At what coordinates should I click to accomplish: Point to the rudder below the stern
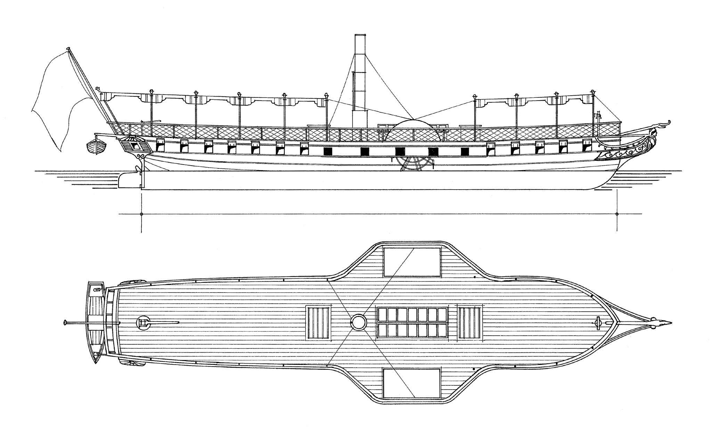point(127,179)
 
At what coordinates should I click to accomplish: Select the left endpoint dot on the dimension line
point(141,214)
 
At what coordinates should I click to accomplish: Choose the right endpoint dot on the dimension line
point(617,214)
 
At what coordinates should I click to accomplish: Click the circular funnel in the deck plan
point(359,322)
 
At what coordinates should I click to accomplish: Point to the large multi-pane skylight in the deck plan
point(412,322)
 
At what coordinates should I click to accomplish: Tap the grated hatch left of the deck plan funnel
point(318,322)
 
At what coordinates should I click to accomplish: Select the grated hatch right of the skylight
point(470,322)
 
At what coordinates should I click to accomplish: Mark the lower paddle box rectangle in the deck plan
point(412,383)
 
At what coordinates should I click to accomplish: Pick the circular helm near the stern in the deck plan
point(143,322)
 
